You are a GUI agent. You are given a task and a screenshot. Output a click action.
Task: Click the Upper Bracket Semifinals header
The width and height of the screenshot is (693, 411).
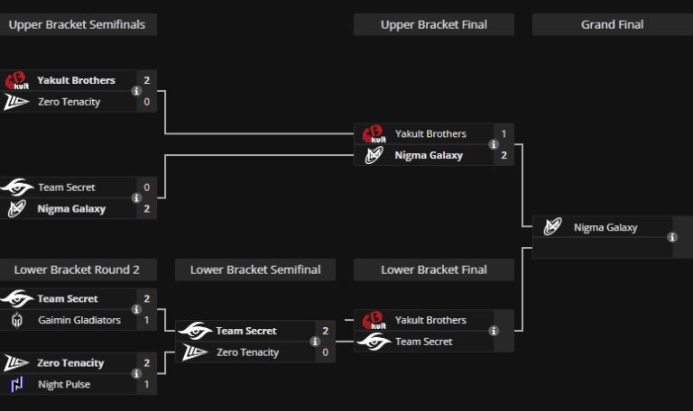[x=77, y=24]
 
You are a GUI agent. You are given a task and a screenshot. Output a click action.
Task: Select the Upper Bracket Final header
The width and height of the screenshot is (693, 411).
[x=433, y=24]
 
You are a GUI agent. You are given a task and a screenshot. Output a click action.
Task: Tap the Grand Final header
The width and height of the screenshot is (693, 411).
[x=612, y=24]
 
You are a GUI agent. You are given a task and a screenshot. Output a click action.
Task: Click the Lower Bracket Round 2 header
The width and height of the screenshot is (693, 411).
[x=77, y=269]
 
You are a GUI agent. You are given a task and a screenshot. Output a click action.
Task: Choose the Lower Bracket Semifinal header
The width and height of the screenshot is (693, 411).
[x=255, y=269]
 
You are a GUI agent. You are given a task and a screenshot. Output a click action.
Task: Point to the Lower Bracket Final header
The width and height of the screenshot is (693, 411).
[x=433, y=269]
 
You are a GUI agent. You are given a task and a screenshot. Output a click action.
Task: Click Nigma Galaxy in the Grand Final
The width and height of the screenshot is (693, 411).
[x=605, y=228]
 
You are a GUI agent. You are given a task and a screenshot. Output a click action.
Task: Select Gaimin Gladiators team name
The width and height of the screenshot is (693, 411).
[x=79, y=320]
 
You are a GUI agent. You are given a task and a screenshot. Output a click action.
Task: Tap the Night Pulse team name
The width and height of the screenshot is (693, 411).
[x=64, y=385]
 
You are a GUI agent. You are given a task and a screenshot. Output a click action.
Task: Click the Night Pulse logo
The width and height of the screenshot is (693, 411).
[x=17, y=385]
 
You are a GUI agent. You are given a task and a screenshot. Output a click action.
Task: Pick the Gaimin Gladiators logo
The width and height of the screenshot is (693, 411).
[x=17, y=320]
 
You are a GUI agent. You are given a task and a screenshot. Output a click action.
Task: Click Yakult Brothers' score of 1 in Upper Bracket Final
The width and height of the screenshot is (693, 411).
[x=504, y=134]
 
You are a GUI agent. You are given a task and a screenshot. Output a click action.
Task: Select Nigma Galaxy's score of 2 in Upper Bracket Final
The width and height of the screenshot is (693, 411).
[x=504, y=155]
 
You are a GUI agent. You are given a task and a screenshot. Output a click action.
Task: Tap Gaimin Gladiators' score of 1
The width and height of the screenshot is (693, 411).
[x=146, y=320]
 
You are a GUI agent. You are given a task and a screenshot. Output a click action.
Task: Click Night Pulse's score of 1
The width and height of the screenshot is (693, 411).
[x=146, y=385]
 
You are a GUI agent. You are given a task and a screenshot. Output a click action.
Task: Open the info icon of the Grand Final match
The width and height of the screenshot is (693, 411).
[x=672, y=237]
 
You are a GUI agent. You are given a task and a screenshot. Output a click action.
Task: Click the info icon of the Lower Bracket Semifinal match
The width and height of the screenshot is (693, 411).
[x=315, y=342]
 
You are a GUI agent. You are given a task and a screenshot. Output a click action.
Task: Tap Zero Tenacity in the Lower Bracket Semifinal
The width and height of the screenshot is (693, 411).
[x=247, y=352]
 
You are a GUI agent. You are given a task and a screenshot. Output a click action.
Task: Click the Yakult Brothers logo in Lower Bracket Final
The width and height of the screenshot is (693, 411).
[x=373, y=321]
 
